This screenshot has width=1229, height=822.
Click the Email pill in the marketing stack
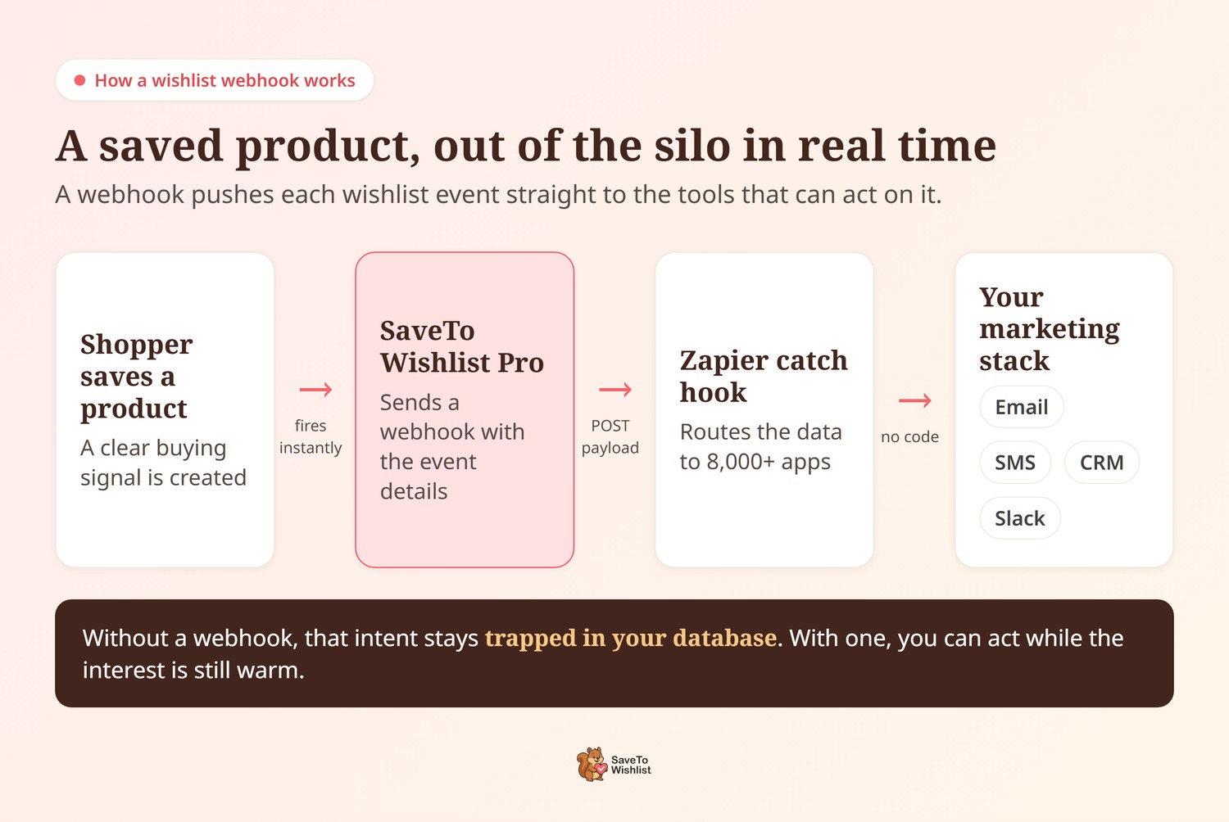[1021, 407]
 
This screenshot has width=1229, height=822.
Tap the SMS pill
[1015, 463]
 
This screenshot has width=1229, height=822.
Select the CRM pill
[1101, 463]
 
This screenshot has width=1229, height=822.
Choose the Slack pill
[1019, 518]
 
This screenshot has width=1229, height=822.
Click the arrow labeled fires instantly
[316, 390]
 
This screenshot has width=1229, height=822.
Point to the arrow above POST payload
[615, 390]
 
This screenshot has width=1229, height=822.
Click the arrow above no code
[915, 400]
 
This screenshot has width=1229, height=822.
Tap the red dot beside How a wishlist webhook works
[79, 80]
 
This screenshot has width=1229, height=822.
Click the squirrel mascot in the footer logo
[592, 764]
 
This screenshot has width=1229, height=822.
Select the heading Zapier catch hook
[763, 376]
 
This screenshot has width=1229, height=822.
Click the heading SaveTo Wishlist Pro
[461, 346]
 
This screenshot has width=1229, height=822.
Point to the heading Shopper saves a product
[136, 376]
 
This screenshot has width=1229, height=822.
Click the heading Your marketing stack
[1049, 329]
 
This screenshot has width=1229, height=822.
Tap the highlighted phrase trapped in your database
[631, 638]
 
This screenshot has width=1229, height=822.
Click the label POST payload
[610, 436]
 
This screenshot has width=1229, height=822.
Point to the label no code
[909, 437]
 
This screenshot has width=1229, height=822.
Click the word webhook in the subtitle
[130, 195]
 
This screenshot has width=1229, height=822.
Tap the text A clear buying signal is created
[163, 463]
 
